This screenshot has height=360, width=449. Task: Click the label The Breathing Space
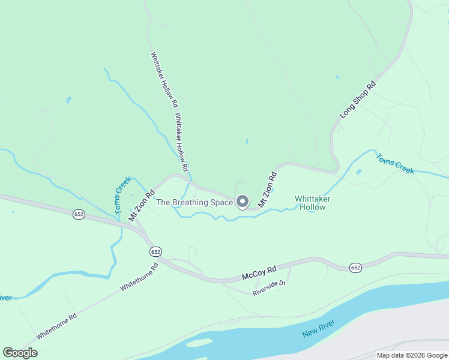point(194,203)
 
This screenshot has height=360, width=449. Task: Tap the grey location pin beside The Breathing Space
point(243,202)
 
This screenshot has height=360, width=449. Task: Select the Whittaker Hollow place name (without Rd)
point(313,203)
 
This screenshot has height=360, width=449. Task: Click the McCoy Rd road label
point(259,273)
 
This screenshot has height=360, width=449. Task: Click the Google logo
point(20,353)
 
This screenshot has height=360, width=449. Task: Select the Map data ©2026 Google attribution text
point(411,355)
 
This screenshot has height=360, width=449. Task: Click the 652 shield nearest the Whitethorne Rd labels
point(156,251)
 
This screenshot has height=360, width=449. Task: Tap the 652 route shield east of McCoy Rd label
point(355,267)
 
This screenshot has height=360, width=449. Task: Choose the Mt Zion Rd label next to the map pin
point(267,190)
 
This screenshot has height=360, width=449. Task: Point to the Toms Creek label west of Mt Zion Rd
point(123,196)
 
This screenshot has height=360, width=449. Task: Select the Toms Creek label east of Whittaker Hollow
point(395,164)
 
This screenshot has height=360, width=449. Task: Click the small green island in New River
point(199,343)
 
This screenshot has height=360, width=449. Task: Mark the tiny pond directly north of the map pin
point(247,142)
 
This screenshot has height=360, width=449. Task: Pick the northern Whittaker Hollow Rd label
point(163,77)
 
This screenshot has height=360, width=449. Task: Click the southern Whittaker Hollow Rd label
point(182,140)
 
